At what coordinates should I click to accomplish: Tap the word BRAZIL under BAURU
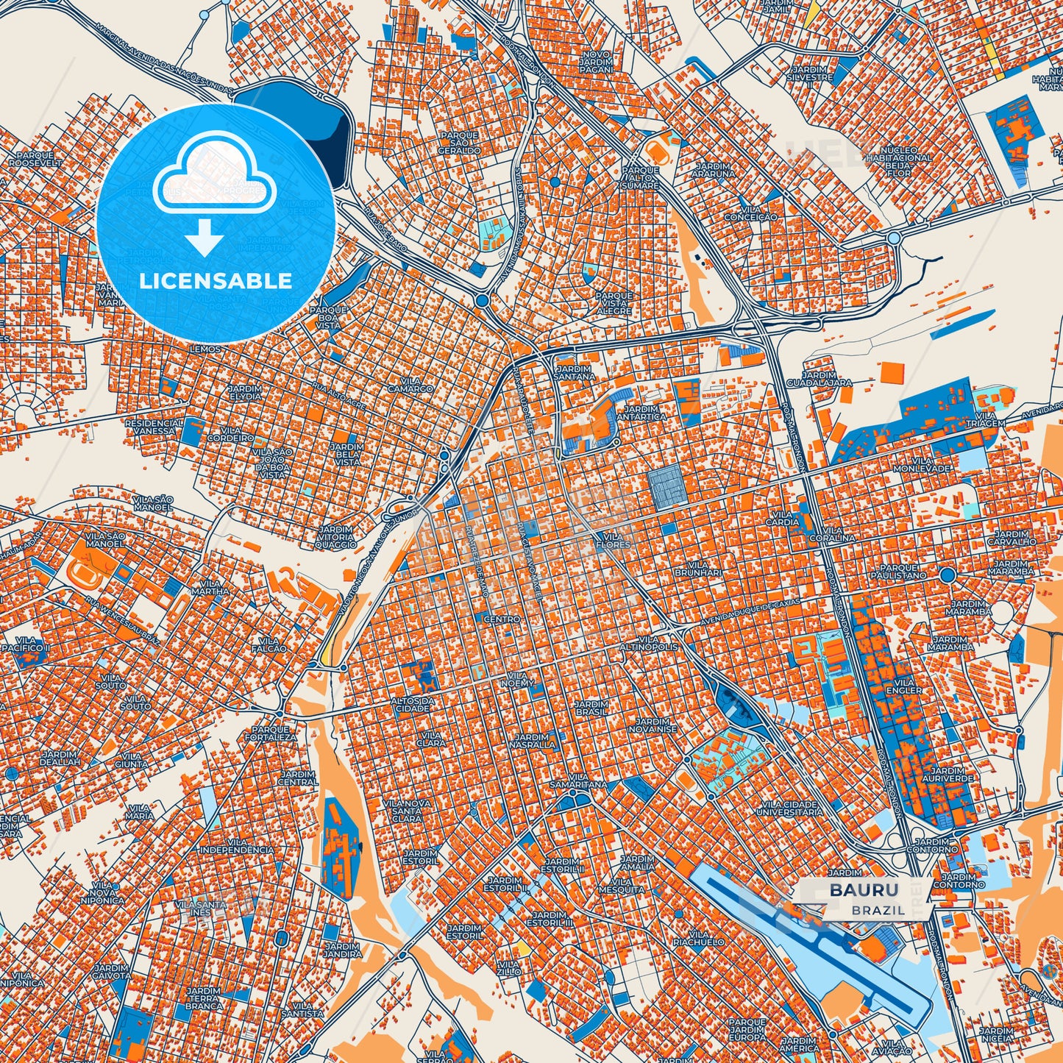coord(878,910)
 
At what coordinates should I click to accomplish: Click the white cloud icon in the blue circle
coord(214,174)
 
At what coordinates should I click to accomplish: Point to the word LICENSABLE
coord(216,281)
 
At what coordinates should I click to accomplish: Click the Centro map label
coord(502,619)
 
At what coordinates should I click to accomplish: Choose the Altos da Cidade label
coord(413,704)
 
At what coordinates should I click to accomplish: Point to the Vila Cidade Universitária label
coord(792,808)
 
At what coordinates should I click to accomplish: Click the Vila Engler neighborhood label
coord(903,686)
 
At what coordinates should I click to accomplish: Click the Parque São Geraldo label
coord(459,143)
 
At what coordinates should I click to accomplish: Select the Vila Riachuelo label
coord(698,938)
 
